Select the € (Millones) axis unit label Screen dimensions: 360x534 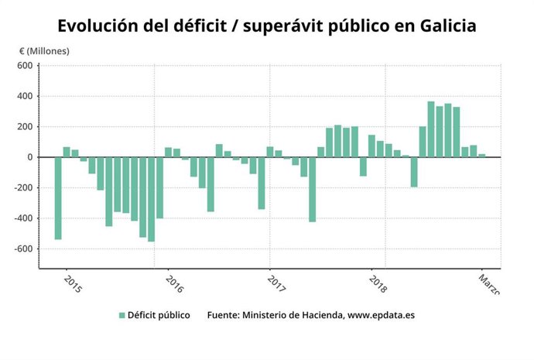(44, 51)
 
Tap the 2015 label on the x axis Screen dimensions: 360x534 (72, 284)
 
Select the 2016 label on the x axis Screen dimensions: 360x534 (174, 284)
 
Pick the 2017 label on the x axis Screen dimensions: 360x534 (276, 284)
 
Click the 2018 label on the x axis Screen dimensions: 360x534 (378, 284)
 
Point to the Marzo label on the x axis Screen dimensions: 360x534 (488, 283)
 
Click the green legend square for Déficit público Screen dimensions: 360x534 (122, 316)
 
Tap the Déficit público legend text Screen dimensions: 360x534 (159, 316)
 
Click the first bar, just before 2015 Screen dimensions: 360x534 (58, 198)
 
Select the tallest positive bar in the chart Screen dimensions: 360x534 (431, 129)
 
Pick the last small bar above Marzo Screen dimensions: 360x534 (481, 156)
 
